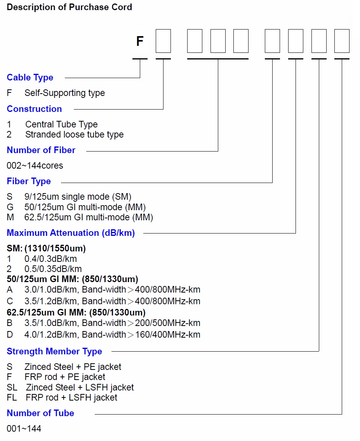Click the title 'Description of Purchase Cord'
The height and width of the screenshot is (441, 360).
click(69, 7)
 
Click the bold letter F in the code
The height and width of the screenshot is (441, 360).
click(140, 41)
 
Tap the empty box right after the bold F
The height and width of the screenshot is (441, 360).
click(163, 41)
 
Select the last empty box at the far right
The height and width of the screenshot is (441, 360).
click(342, 41)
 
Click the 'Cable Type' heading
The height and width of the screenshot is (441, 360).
click(30, 77)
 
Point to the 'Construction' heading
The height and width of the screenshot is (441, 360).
click(34, 109)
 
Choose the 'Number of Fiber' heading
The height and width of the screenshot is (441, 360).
click(41, 150)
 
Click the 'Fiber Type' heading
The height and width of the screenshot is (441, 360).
click(29, 181)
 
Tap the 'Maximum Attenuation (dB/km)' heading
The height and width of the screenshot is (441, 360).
click(71, 233)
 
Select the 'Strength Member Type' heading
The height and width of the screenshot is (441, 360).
click(54, 351)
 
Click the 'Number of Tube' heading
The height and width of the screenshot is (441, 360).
click(40, 413)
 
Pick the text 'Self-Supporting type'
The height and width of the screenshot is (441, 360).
click(64, 93)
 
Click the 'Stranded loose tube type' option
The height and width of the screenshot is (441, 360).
click(75, 134)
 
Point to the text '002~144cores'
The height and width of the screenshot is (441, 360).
click(35, 166)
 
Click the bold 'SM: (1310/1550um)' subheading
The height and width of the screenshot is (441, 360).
click(46, 248)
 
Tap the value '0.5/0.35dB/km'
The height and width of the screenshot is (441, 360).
click(53, 269)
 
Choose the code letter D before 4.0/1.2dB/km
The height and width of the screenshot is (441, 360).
click(10, 335)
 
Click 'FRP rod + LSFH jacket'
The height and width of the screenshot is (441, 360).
click(71, 397)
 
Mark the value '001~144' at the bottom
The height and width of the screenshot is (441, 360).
click(24, 428)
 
